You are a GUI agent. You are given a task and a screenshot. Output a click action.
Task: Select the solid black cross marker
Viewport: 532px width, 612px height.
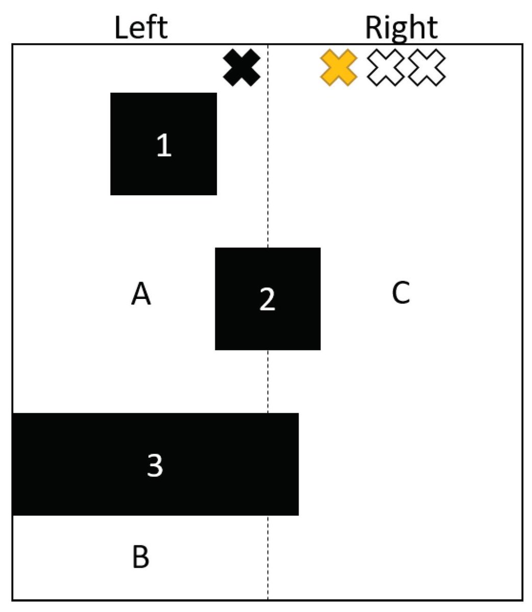pos(242,68)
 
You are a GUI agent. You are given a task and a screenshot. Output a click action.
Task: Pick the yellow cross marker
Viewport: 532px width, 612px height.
pos(338,68)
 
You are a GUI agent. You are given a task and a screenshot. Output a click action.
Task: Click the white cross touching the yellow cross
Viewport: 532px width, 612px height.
pos(386,68)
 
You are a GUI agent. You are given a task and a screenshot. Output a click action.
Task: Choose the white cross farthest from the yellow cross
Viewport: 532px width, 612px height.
pos(427,68)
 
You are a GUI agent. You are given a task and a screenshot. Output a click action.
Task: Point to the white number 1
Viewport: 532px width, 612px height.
pos(164,145)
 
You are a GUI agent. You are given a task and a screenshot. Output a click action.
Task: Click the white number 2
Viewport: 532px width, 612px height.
pos(267,299)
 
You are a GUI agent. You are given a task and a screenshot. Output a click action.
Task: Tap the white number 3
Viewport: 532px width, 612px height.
pos(155,465)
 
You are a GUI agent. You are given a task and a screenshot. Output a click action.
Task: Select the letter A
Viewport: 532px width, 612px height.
pos(141,294)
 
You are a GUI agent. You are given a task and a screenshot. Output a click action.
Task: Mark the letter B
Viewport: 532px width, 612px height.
pos(141,557)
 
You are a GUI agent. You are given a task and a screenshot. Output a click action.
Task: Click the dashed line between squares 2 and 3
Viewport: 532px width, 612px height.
pos(268,381)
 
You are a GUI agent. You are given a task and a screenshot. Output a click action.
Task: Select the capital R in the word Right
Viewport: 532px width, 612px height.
pos(374,28)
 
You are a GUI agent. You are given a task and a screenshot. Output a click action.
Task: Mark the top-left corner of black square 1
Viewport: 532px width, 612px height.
pos(111,94)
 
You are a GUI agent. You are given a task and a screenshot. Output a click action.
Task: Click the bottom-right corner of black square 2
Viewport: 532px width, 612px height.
pos(320,349)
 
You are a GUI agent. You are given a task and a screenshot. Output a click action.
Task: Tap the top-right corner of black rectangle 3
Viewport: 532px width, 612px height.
pos(298,414)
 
